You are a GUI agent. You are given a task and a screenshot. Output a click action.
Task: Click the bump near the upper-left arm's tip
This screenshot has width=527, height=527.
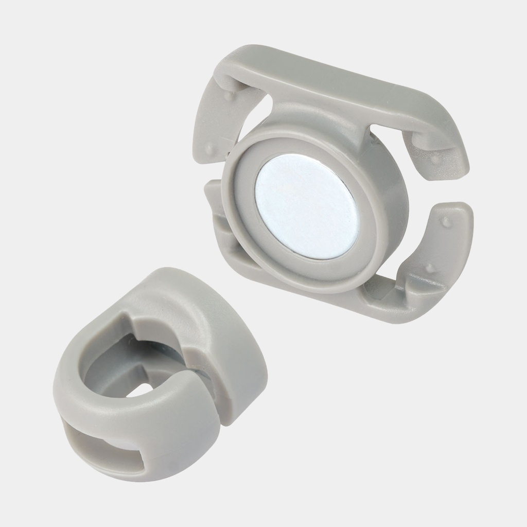click(209, 147)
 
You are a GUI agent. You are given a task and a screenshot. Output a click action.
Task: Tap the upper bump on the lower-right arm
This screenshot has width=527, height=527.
click(446, 222)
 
